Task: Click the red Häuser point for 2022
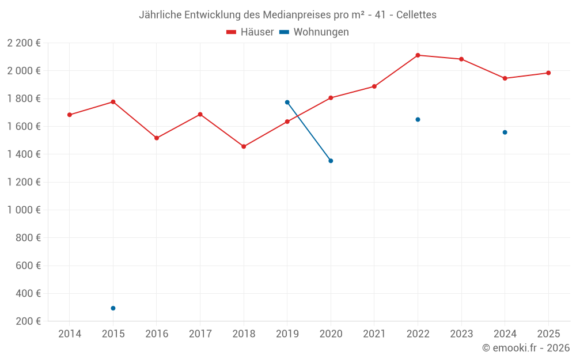coord(418,55)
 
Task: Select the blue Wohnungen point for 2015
coord(113,308)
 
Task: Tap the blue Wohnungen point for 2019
coord(287,102)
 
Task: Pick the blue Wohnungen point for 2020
coord(331,161)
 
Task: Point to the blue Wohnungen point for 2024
coord(505,132)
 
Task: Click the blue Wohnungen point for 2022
coord(418,119)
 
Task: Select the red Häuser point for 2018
coord(244,146)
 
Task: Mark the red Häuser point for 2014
coord(70,115)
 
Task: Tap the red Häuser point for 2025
coord(548,73)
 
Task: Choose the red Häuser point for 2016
coord(157,138)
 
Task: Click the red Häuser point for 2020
coord(331,98)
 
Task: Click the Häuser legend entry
coord(250,32)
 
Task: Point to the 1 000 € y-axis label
coord(24,210)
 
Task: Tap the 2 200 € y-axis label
coord(24,43)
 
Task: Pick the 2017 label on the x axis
coord(200,334)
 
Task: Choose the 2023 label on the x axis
coord(461,334)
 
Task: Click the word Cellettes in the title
coord(416,14)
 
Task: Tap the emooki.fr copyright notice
coord(525,348)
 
